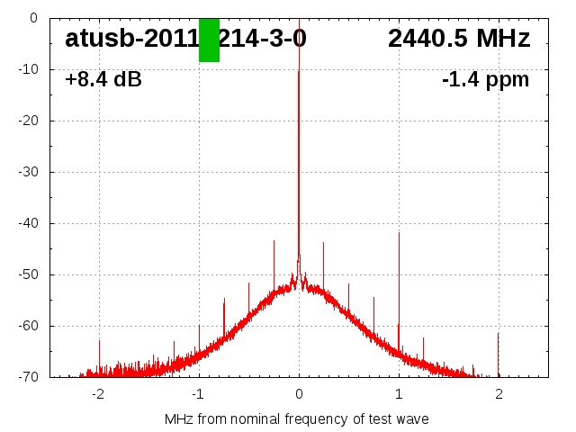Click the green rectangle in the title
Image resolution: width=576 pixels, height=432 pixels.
(209, 40)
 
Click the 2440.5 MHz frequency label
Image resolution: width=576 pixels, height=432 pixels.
(459, 39)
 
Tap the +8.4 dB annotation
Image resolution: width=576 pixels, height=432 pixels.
(103, 80)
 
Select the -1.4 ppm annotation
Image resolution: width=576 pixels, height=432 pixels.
(485, 80)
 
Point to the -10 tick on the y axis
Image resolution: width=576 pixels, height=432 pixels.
(28, 69)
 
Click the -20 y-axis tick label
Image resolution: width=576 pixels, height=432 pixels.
(28, 121)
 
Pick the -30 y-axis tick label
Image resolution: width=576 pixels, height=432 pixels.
(28, 172)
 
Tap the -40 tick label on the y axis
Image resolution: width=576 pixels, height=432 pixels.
(28, 223)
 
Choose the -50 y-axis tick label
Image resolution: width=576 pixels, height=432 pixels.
(28, 274)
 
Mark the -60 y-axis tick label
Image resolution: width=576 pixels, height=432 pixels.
(28, 326)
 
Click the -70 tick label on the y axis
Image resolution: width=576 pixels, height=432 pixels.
(28, 377)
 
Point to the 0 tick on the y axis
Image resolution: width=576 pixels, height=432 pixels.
(32, 18)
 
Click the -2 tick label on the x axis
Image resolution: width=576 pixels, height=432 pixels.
(98, 393)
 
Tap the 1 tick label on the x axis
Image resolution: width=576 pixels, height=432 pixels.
(399, 393)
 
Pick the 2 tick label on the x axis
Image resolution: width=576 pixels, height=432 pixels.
(499, 393)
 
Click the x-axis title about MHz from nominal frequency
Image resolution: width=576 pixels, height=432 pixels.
(297, 418)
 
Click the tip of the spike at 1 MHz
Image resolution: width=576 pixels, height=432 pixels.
(399, 232)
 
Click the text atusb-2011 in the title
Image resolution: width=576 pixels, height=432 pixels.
(131, 39)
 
